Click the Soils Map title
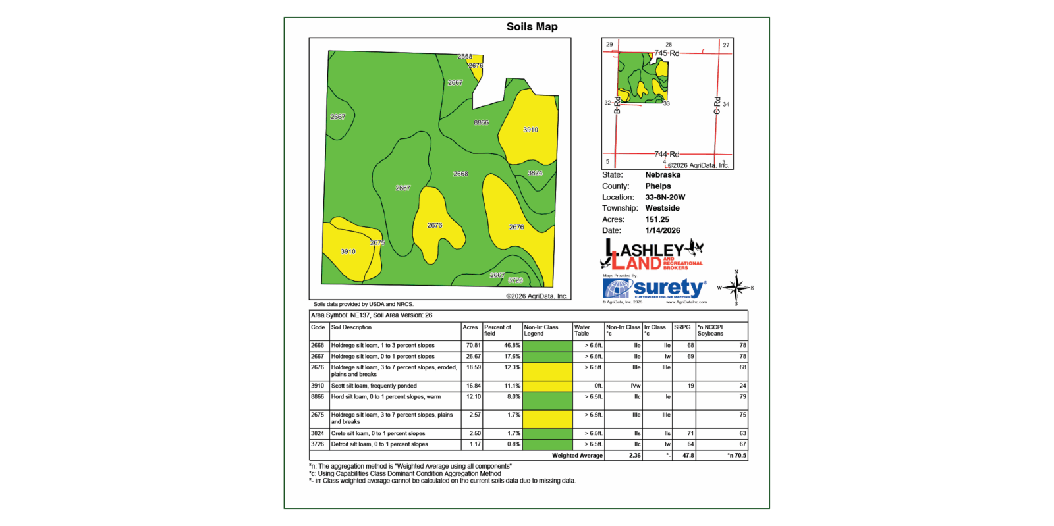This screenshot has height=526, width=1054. pos(532,27)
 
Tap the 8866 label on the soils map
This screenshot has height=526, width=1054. pos(481,123)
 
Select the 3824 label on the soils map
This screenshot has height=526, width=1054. pos(535,173)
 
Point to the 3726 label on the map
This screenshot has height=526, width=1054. pos(515,280)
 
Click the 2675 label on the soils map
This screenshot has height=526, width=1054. pos(377,243)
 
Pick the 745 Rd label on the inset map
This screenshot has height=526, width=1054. pos(666,53)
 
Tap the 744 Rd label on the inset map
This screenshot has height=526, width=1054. pos(666,154)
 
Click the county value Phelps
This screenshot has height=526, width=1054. pos(657,186)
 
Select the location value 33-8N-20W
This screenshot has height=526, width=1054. pos(665,197)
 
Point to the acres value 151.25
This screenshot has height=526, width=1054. pos(657,220)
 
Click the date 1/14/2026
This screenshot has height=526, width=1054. pos(662,231)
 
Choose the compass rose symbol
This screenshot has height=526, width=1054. pos(736,288)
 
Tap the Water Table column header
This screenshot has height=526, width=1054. pos(582,330)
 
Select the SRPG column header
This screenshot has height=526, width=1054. pos(682,327)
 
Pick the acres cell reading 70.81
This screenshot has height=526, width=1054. pos(473,346)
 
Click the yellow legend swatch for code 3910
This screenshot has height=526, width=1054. pos(547,386)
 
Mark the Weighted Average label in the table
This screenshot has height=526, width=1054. pos(577,456)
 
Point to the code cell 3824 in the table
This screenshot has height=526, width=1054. pos(318,434)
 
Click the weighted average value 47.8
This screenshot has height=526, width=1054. pos(688,456)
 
